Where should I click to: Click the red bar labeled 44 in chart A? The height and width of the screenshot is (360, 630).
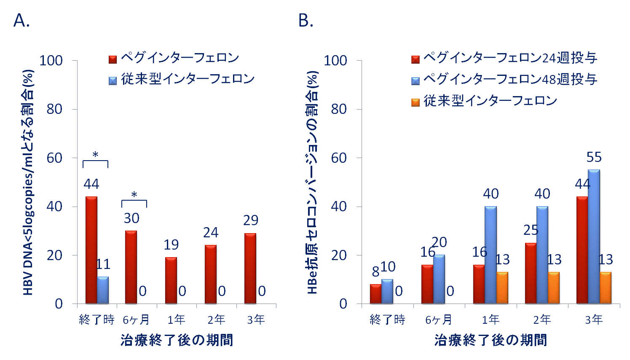tap(91, 250)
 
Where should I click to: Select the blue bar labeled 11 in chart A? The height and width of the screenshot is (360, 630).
tap(103, 290)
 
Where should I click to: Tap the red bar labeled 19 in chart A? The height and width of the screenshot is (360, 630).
tap(171, 280)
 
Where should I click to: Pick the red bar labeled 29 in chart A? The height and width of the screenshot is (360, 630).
tap(250, 269)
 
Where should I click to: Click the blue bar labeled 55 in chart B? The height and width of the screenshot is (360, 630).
tap(594, 236)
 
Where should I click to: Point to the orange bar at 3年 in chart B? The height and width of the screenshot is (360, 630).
tap(606, 288)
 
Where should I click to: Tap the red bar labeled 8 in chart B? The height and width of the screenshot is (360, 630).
tap(375, 294)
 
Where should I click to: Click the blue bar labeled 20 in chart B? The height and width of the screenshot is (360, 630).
tap(439, 279)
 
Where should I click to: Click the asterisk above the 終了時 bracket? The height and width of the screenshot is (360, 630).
tap(95, 155)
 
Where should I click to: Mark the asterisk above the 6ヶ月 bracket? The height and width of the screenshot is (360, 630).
tap(134, 195)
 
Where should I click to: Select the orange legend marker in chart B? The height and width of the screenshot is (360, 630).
tap(416, 102)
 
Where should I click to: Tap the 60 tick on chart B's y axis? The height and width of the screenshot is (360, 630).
tap(339, 158)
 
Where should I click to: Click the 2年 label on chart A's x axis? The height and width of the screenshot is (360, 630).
tap(216, 320)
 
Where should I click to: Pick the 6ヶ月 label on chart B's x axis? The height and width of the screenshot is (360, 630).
tap(438, 320)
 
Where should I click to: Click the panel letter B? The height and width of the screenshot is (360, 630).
tap(306, 20)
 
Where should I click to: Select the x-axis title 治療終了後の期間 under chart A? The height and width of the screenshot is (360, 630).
tap(177, 340)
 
